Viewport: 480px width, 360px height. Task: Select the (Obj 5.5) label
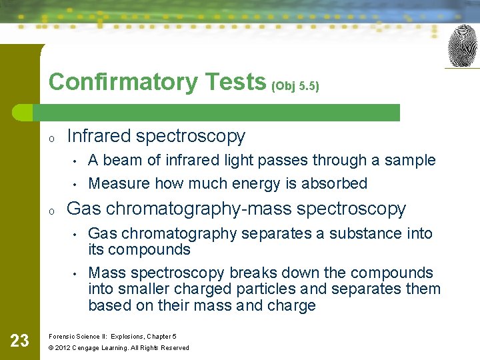pyautogui.click(x=295, y=86)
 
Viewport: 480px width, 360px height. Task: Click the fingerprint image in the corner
pyautogui.click(x=462, y=46)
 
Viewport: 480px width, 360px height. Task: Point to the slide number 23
pyautogui.click(x=19, y=341)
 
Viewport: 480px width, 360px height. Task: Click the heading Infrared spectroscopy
pyautogui.click(x=156, y=136)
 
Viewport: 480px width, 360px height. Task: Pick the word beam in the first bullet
pyautogui.click(x=121, y=160)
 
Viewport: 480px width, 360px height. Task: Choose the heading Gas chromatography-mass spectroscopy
pyautogui.click(x=237, y=209)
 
